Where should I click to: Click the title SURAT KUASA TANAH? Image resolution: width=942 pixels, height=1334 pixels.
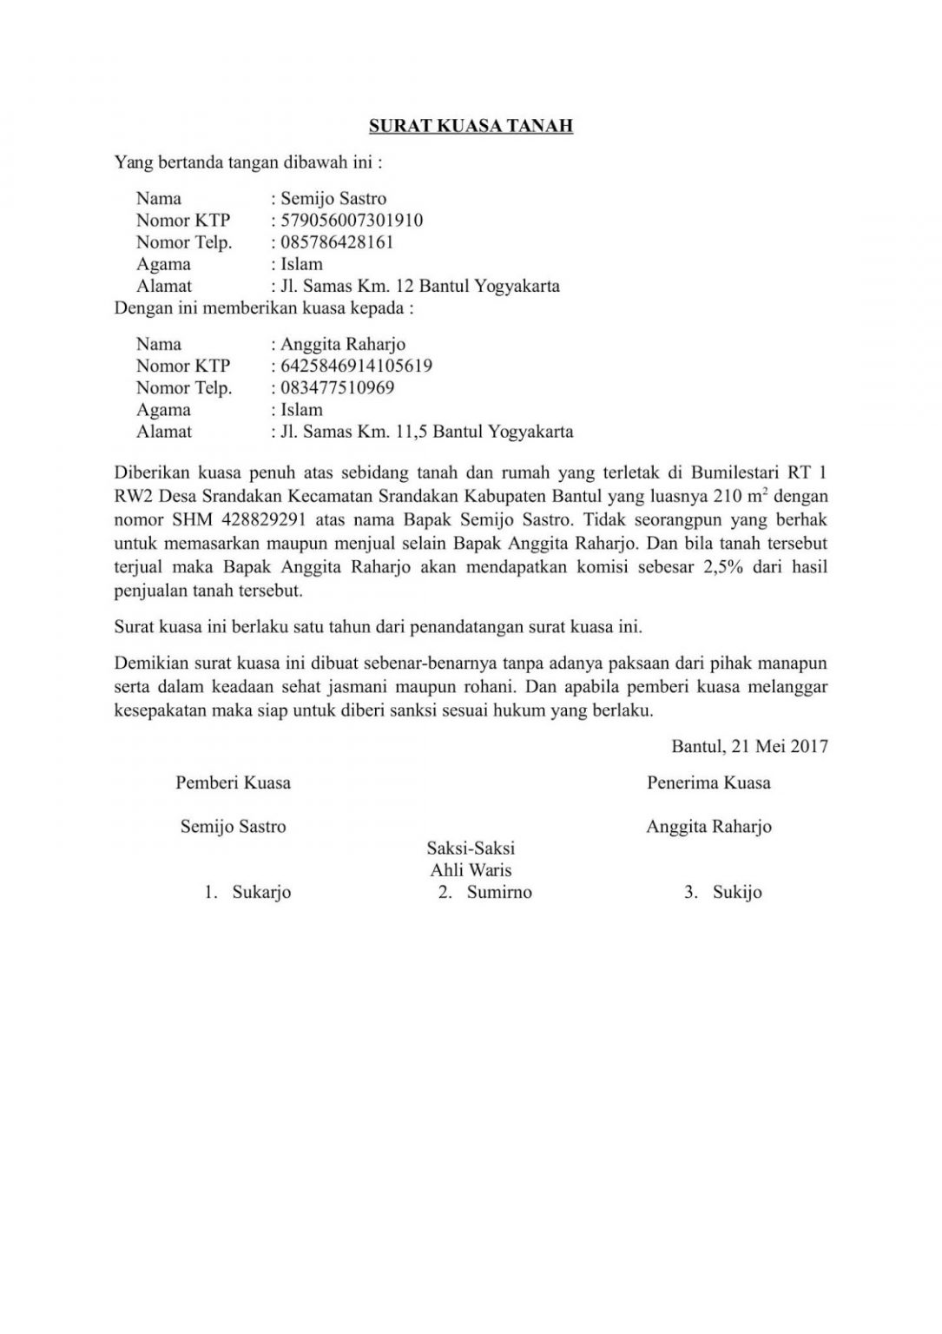471,126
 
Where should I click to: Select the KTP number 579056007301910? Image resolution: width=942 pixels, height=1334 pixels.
352,221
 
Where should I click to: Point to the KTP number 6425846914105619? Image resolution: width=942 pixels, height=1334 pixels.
356,366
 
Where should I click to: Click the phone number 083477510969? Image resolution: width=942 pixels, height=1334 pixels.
337,387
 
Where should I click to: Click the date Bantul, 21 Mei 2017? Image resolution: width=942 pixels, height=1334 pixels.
749,745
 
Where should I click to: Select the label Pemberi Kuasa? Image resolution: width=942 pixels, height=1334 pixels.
233,783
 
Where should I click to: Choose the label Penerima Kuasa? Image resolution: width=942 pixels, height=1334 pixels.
708,783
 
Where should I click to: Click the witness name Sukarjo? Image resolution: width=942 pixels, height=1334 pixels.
261,892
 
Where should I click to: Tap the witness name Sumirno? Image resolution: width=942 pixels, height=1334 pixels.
498,892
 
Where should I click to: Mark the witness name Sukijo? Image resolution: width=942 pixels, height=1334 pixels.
737,892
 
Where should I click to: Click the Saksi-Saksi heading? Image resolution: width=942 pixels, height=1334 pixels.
471,848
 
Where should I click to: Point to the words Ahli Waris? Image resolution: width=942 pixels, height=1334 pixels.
471,869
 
